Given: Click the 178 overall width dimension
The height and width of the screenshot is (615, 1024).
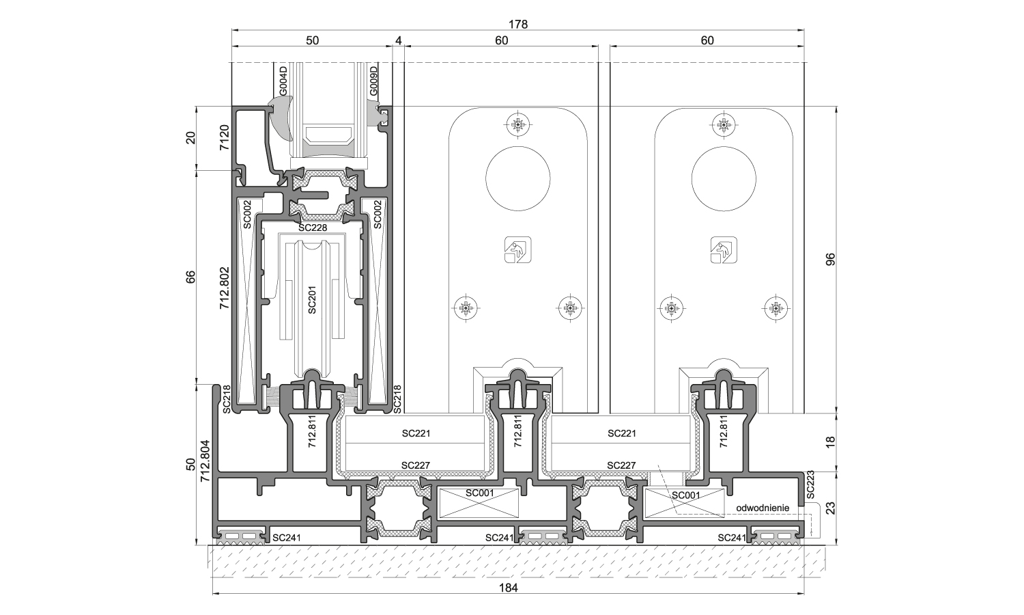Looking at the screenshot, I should click(x=518, y=24).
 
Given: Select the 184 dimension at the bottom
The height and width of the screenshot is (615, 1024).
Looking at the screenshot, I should click(x=509, y=588).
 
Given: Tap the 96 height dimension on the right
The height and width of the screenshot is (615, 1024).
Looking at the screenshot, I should click(x=830, y=260).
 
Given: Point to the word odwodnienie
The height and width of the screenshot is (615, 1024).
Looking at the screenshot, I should click(x=763, y=508).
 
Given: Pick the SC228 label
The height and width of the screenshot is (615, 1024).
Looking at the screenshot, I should click(x=313, y=228).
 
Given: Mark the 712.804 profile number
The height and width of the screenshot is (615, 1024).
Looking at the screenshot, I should click(x=204, y=461).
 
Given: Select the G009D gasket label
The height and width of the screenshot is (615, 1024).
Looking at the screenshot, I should click(x=373, y=81).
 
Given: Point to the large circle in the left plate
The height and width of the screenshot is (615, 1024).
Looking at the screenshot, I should click(x=518, y=180).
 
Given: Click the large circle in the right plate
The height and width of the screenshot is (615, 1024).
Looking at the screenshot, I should click(x=724, y=180).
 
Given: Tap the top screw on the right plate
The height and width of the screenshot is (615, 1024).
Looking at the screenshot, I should click(x=724, y=124).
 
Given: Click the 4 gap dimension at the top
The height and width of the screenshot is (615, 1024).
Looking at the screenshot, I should click(x=399, y=40).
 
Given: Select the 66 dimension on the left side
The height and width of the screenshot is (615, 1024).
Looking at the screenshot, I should click(x=191, y=277).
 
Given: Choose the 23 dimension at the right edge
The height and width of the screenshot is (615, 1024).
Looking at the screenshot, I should click(x=830, y=508).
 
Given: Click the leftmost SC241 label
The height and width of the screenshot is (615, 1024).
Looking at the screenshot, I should click(x=286, y=538).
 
